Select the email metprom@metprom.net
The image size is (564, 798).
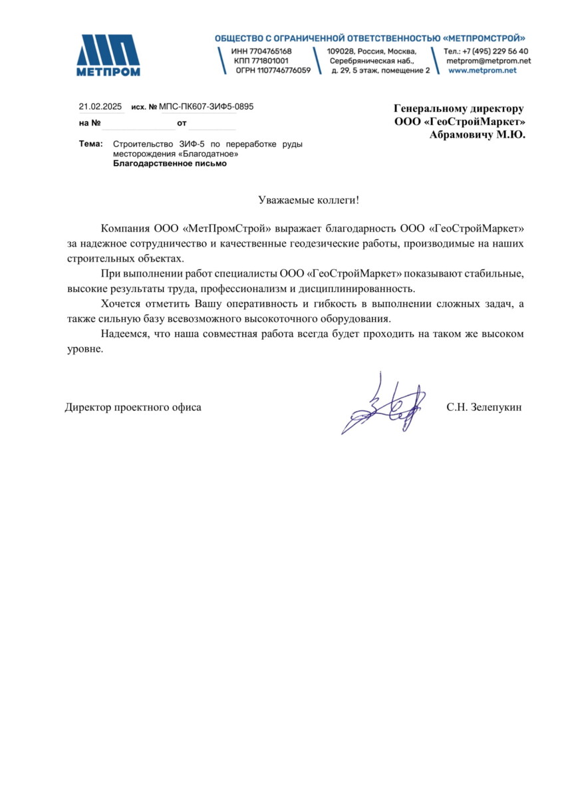[488, 61]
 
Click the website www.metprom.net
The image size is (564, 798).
[482, 70]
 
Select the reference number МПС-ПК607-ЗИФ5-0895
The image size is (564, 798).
[207, 106]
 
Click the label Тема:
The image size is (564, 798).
[90, 144]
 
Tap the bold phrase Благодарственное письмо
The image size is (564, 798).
[170, 163]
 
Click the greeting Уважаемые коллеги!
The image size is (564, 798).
[309, 200]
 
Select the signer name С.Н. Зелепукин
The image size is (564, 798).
[484, 407]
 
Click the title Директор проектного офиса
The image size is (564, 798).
[133, 407]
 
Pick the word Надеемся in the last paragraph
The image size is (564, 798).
[124, 333]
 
